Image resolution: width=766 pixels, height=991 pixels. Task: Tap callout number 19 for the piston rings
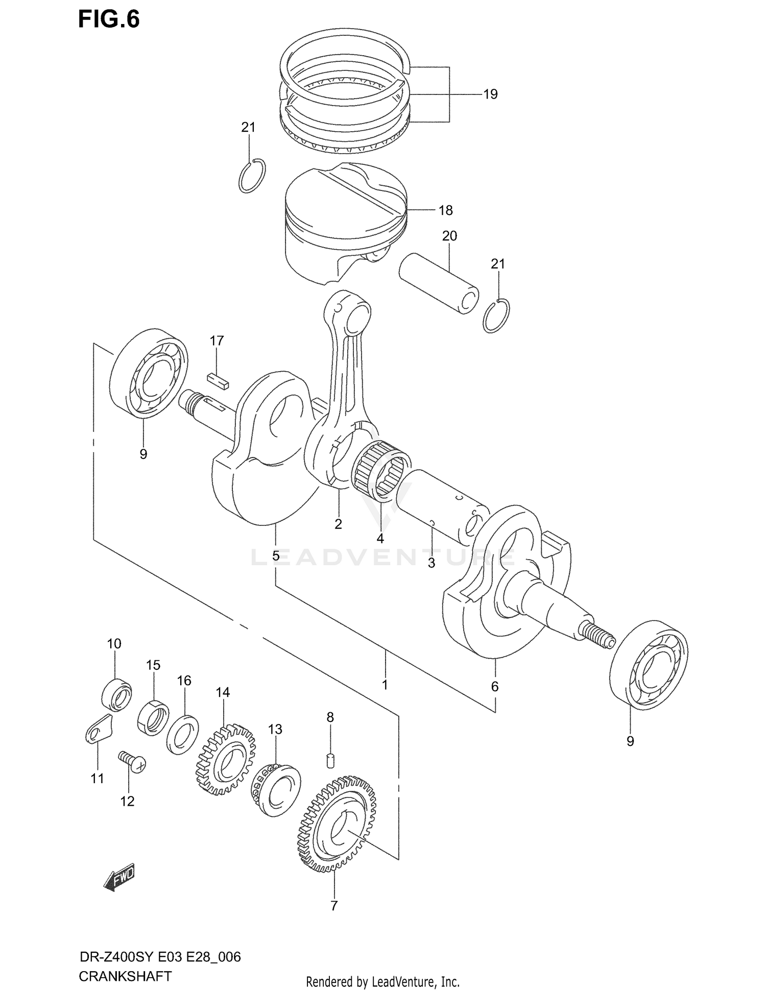[x=490, y=94]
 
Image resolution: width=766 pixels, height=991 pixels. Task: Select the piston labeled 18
[x=345, y=225]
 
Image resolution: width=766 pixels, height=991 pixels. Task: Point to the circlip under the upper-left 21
[x=252, y=176]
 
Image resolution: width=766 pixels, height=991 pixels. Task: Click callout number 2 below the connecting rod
[x=338, y=524]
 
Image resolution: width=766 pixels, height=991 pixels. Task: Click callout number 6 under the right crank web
[x=494, y=687]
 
